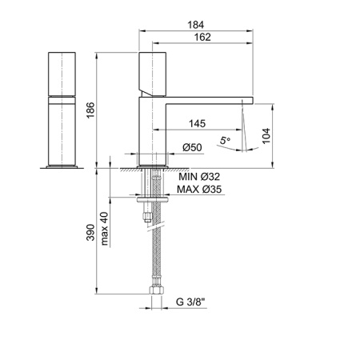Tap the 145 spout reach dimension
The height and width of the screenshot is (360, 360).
[x=201, y=124]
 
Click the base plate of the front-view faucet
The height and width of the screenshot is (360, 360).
[x=66, y=166]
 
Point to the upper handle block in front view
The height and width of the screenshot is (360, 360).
[x=66, y=73]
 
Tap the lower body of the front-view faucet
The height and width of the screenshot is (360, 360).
[x=66, y=128]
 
